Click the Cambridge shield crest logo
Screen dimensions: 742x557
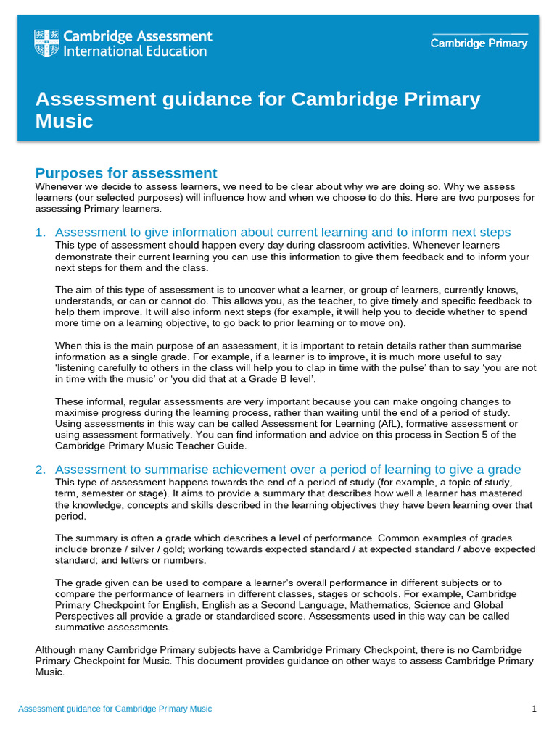coord(47,43)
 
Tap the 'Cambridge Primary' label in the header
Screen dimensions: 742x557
coord(479,43)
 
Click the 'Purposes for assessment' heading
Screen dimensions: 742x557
coord(126,173)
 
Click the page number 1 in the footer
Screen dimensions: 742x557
coord(534,709)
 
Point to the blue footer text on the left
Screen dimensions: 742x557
coord(115,709)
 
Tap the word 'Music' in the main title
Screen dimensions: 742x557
coord(65,121)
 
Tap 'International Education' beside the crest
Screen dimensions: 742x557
coord(136,51)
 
